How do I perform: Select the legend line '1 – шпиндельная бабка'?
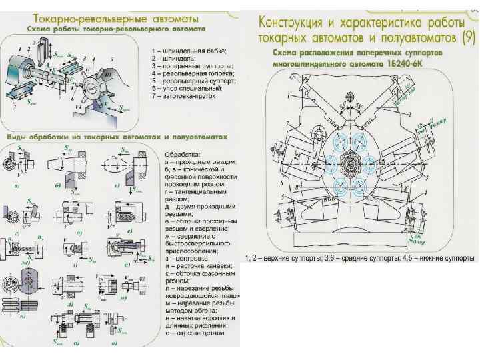(x=189, y=51)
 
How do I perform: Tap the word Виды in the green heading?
(x=17, y=135)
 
